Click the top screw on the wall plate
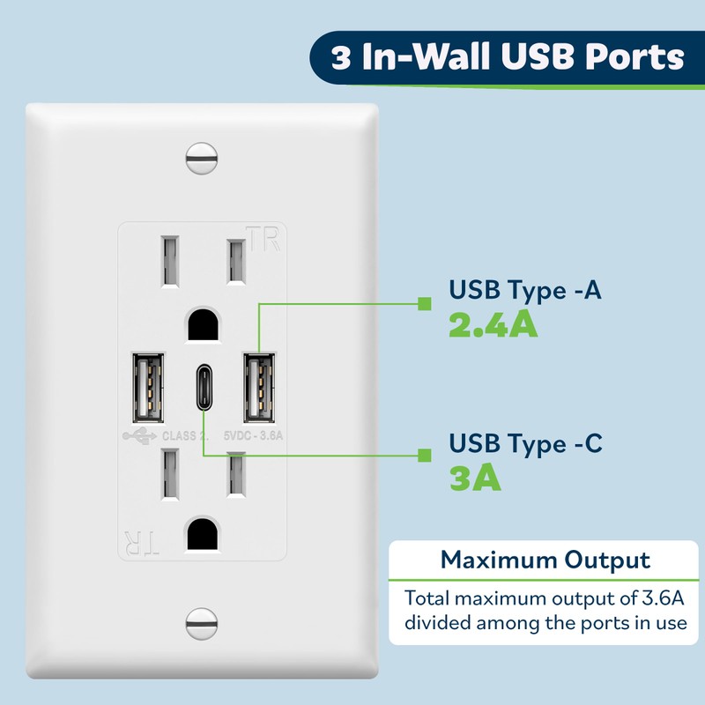tap(202, 160)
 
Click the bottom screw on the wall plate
tap(202, 624)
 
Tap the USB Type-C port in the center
tap(202, 389)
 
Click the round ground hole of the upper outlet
tap(202, 327)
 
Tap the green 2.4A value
tap(493, 326)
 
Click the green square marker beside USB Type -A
tap(424, 303)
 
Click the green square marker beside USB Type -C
tap(424, 456)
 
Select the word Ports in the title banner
tap(633, 57)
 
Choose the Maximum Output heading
tap(545, 560)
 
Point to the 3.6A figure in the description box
tap(649, 598)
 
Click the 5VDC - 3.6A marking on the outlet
tap(256, 435)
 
